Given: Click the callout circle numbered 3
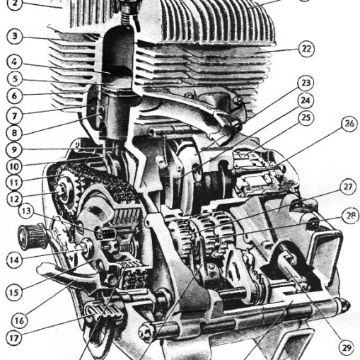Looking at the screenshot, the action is click(x=15, y=36).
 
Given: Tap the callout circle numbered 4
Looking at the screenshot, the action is click(x=14, y=62).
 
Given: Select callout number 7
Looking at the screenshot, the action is click(x=14, y=115).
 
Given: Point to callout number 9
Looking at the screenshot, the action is click(x=14, y=149).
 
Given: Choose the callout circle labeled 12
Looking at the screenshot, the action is click(x=14, y=199).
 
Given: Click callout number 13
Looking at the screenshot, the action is click(x=26, y=211).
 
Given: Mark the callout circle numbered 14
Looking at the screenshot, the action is click(x=14, y=260).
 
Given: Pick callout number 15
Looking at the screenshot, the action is click(x=14, y=292).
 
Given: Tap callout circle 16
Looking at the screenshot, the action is click(x=20, y=320).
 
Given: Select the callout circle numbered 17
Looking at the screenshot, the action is click(x=14, y=338).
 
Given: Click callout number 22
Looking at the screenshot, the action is click(x=306, y=49).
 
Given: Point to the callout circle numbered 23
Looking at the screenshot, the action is click(x=306, y=83).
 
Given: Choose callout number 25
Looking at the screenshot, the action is click(x=306, y=117).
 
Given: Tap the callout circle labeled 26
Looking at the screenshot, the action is click(x=349, y=124).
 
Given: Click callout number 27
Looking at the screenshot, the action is click(x=348, y=187).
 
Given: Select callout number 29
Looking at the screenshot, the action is click(x=347, y=348).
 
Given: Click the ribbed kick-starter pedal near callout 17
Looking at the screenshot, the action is click(x=104, y=311).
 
